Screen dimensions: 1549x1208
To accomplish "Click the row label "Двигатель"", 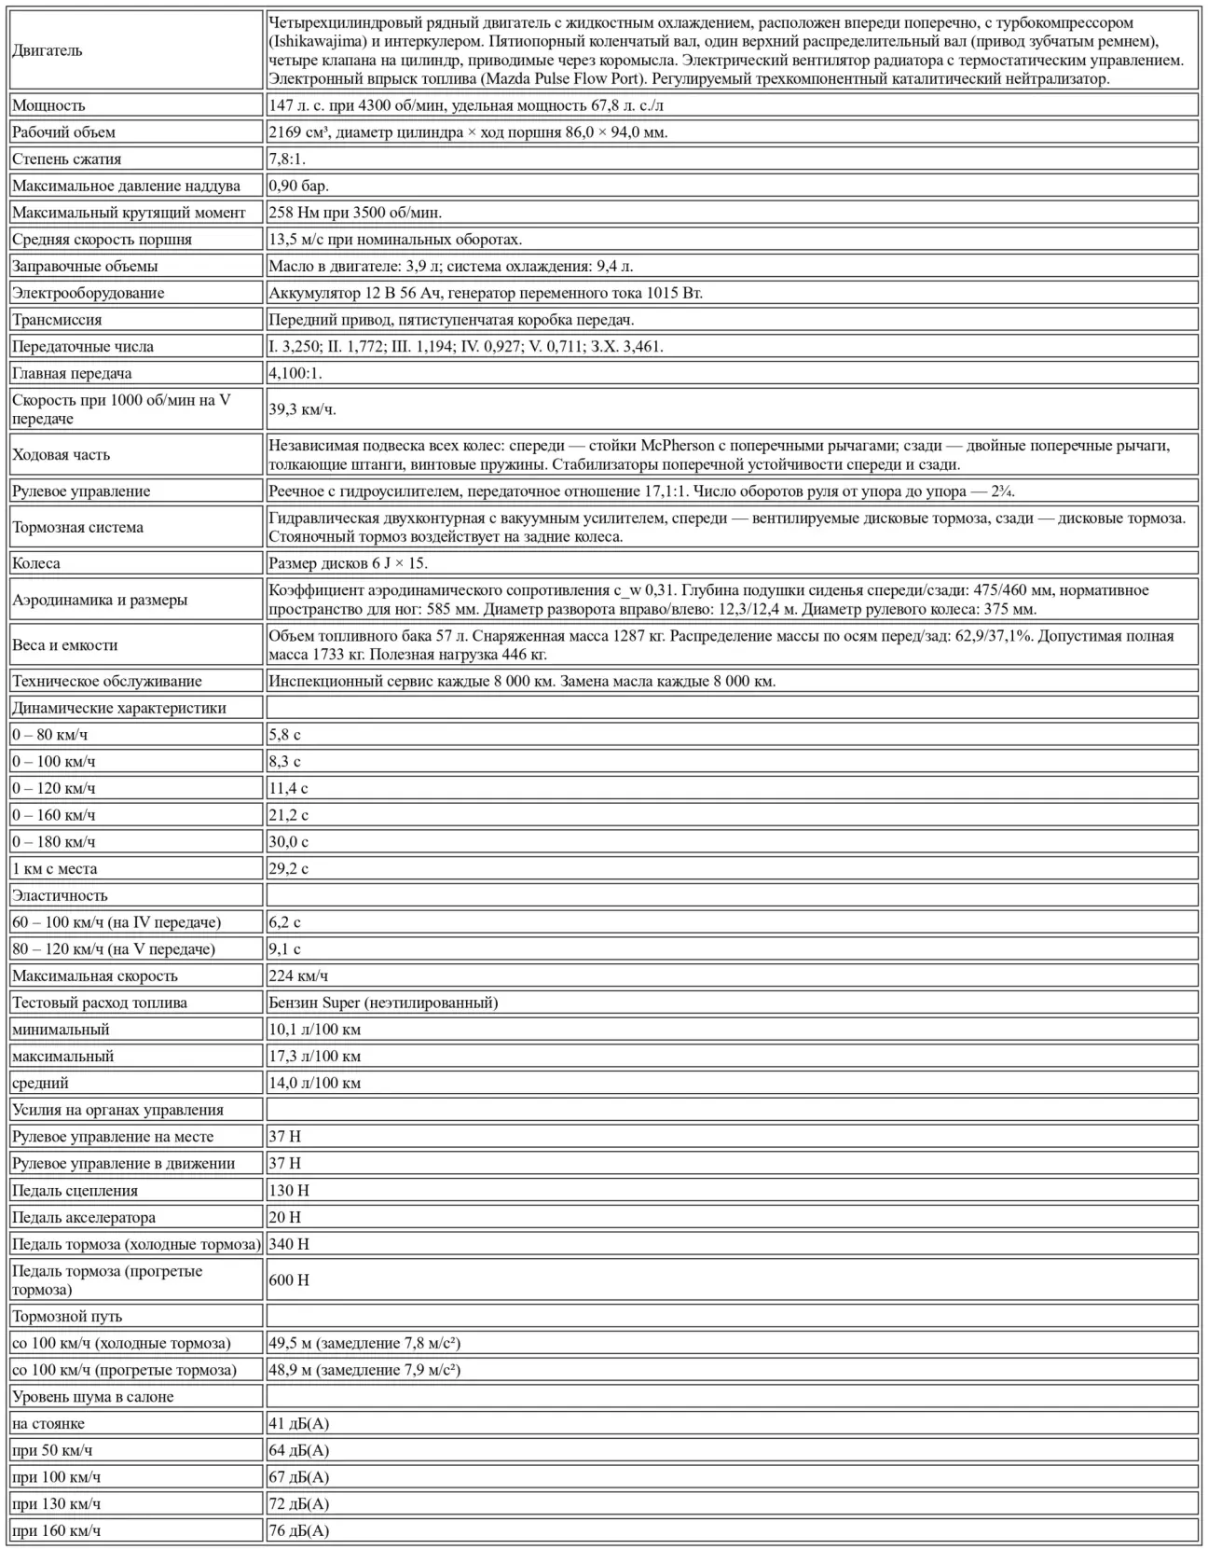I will coord(48,50).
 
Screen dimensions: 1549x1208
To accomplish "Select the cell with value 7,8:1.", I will coord(287,159).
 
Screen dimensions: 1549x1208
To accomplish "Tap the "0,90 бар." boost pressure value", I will coord(298,186).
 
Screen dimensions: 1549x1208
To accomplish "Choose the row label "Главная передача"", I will coord(72,373).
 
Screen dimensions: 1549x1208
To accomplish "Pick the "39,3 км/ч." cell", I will coord(302,409).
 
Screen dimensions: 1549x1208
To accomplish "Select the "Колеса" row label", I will coord(36,563).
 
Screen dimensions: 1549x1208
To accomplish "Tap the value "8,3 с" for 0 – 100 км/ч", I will coord(284,761).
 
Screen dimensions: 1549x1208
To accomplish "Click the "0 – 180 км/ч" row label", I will coord(54,841).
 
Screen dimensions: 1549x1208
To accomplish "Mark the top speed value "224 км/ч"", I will coord(298,975).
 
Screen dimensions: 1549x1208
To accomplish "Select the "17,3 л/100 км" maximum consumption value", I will coord(314,1057).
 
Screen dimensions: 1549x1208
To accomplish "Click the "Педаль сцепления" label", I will coord(75,1190).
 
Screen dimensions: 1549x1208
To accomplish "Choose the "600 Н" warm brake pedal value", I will coord(289,1280).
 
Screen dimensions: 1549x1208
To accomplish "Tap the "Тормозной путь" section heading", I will coord(67,1317).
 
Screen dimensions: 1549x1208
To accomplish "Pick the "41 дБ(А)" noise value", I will coord(298,1424).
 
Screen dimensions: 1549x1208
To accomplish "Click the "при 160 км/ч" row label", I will coord(56,1530).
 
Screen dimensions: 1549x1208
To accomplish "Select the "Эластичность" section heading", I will coord(60,895).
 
